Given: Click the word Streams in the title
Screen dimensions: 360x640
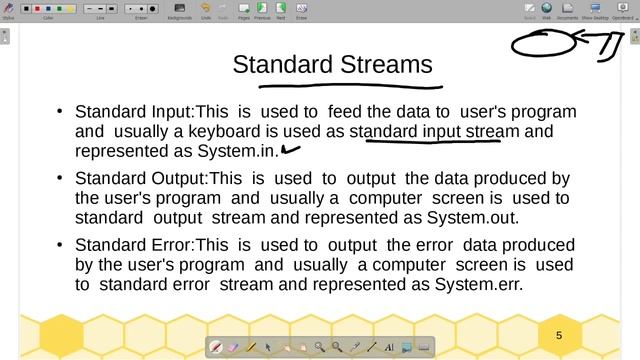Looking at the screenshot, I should tap(384, 65).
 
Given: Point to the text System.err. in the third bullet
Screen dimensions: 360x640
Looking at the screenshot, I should tap(479, 284).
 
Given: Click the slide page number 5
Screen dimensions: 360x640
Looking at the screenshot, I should tap(559, 335).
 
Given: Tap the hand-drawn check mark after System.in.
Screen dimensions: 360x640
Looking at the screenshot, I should tap(291, 151).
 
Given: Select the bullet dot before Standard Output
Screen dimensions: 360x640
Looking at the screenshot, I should tap(60, 179).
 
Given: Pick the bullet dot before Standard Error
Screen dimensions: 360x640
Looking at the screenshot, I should tap(60, 246).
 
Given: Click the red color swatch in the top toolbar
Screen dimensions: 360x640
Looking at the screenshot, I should tap(38, 8).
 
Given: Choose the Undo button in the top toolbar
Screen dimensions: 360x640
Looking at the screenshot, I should tap(206, 9).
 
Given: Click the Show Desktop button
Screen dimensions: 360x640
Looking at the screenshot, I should tap(595, 9).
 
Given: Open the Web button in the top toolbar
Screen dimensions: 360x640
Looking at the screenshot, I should tap(546, 9).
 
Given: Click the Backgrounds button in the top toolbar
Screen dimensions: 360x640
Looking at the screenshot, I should tap(180, 9).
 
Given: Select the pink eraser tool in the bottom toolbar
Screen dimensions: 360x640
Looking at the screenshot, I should tap(233, 347).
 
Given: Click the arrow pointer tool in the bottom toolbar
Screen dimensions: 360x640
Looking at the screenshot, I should tap(268, 347).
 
